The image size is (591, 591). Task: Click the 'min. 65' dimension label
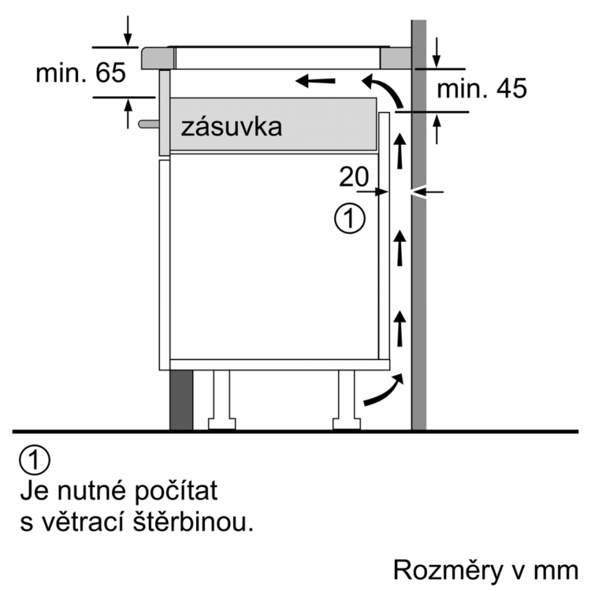pyautogui.click(x=80, y=72)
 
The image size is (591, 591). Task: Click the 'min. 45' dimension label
pyautogui.click(x=481, y=89)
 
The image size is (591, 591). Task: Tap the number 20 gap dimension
pyautogui.click(x=354, y=177)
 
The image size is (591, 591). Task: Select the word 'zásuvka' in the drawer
pyautogui.click(x=231, y=127)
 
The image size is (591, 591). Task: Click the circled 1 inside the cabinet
pyautogui.click(x=350, y=218)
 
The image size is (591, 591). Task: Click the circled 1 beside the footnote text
pyautogui.click(x=35, y=460)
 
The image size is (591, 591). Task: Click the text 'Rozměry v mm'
pyautogui.click(x=485, y=569)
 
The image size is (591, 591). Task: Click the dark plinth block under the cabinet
pyautogui.click(x=181, y=400)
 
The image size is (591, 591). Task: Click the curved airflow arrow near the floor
pyautogui.click(x=384, y=391)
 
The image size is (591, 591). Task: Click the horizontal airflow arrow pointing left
pyautogui.click(x=315, y=80)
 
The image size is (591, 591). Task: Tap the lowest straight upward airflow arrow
pyautogui.click(x=400, y=328)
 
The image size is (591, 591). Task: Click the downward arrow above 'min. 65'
pyautogui.click(x=128, y=31)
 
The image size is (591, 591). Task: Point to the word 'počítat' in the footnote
pyautogui.click(x=176, y=491)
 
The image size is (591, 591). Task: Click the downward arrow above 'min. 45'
pyautogui.click(x=437, y=52)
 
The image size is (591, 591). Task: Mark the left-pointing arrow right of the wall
pyautogui.click(x=428, y=191)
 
